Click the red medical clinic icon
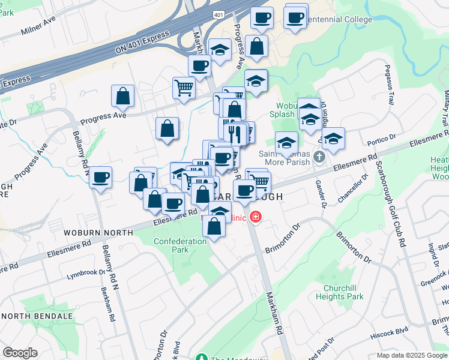coord(256,217)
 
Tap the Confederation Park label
coord(163,245)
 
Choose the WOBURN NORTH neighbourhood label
coord(98,232)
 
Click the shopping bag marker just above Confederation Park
coord(214,226)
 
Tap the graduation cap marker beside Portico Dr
coord(333,138)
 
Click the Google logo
coord(20,353)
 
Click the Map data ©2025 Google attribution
coord(411,355)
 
